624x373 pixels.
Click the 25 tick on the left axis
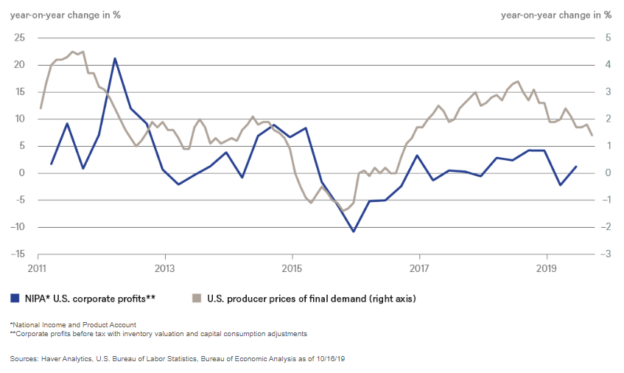[x=19, y=38]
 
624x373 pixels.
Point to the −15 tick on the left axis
[x=18, y=254]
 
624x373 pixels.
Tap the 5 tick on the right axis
[x=607, y=38]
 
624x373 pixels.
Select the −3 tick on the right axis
[x=606, y=254]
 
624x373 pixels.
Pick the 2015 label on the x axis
[x=292, y=266]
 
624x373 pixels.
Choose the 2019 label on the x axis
[x=546, y=266]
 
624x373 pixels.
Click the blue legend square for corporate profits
[x=15, y=299]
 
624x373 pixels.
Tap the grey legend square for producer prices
[x=197, y=299]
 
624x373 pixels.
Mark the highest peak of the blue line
[x=115, y=58]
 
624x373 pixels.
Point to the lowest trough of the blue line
[x=354, y=231]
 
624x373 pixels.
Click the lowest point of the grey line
[x=343, y=211]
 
